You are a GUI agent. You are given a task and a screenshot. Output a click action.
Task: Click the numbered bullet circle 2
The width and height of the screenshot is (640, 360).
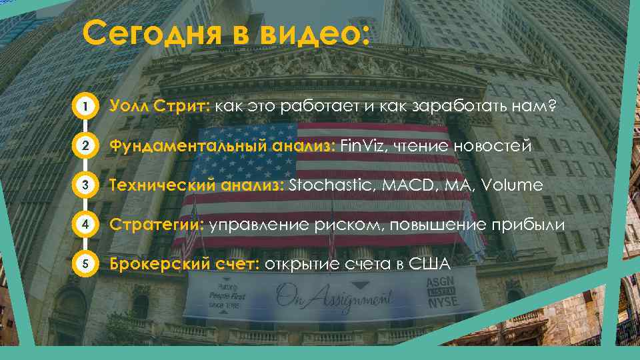pos(83,145)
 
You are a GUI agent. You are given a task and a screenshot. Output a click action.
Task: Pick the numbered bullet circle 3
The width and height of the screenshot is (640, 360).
pos(83,185)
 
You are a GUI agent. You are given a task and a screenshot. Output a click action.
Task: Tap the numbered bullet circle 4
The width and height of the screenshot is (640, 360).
pos(83,225)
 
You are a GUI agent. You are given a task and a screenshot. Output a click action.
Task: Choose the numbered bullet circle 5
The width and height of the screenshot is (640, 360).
pos(83,265)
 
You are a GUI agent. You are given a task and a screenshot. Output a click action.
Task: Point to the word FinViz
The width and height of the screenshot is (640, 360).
pos(361,145)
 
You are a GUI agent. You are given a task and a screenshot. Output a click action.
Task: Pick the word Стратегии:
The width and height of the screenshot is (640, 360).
pos(157,225)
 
